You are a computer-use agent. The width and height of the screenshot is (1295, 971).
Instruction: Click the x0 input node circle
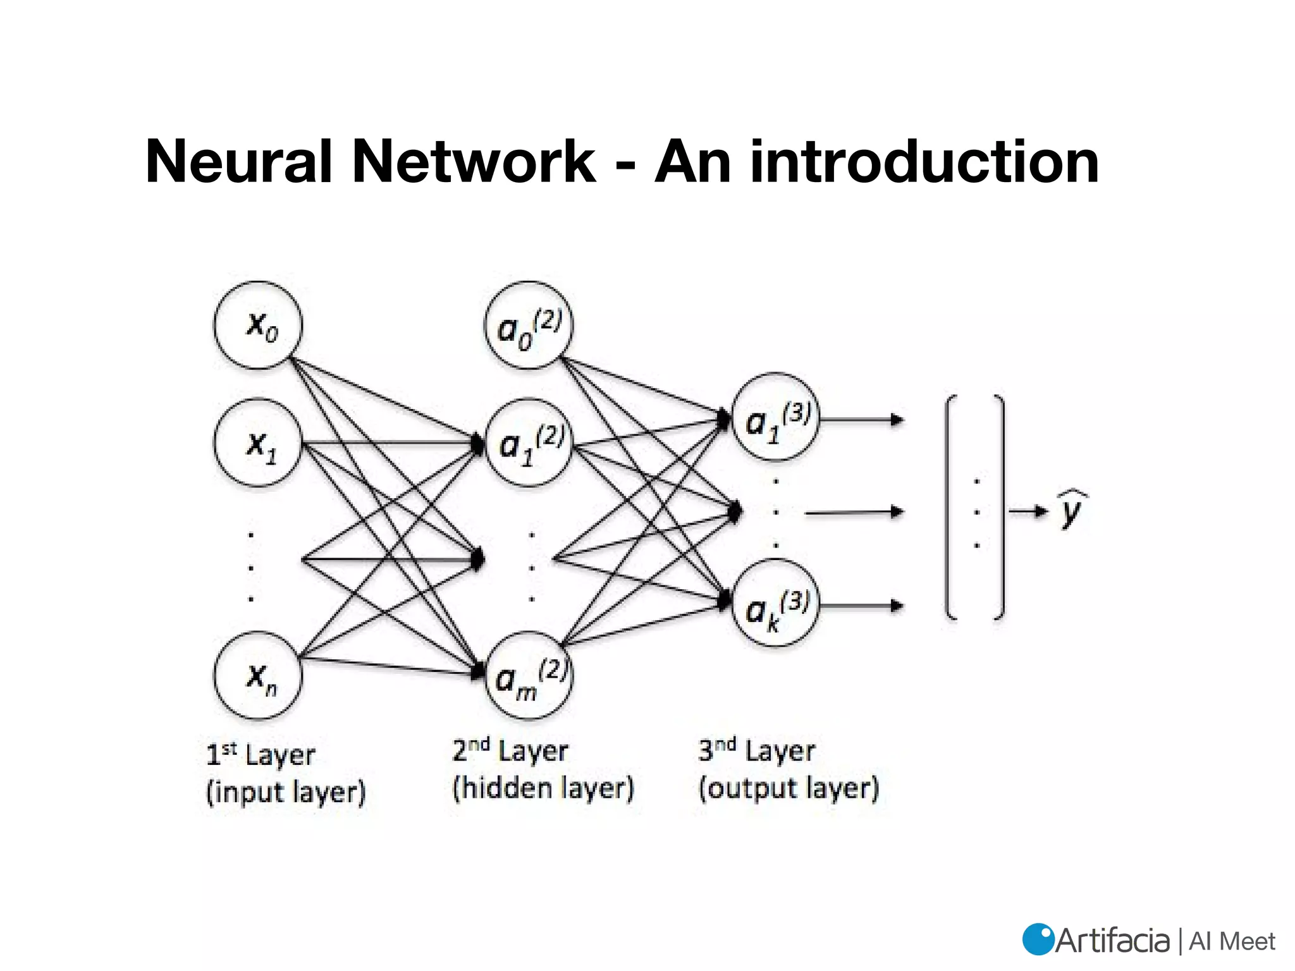coord(258,326)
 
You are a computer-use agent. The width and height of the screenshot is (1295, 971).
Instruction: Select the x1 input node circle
coord(258,443)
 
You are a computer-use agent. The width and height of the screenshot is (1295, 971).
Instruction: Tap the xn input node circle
coord(258,675)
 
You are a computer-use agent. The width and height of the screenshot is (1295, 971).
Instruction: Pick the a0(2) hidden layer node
coord(529,326)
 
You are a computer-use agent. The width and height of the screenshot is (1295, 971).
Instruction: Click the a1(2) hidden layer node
coord(529,443)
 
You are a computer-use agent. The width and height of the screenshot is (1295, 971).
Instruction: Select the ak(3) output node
coord(775,603)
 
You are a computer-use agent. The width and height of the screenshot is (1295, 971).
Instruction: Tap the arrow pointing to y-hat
coord(1028,511)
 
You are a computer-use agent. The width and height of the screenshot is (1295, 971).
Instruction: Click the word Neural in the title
coord(238,162)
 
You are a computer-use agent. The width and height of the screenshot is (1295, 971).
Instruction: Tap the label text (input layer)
coord(286,792)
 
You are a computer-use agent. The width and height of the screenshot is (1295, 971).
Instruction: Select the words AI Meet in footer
coord(1232,941)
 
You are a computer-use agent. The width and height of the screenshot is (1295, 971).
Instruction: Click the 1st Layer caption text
coord(261,754)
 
